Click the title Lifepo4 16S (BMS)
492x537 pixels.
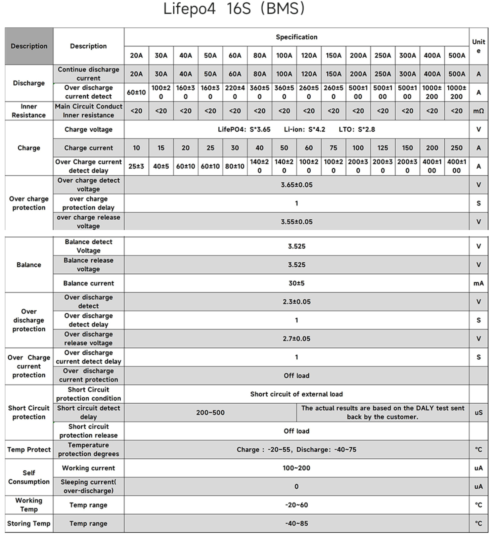(x=234, y=9)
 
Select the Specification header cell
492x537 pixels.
(x=296, y=37)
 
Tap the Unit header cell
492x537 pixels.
(x=478, y=46)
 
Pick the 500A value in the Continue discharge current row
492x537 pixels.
(x=456, y=74)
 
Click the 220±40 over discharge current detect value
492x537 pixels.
(x=235, y=92)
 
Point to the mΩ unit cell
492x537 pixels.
(x=478, y=111)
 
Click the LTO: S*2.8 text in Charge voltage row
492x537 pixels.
(x=357, y=129)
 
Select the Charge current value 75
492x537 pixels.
(x=333, y=148)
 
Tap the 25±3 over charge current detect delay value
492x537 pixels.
(x=136, y=166)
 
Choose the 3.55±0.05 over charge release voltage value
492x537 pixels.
(x=296, y=222)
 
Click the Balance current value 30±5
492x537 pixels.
(x=296, y=283)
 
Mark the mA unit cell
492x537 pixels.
(x=478, y=283)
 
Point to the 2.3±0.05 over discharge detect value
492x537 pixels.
(x=296, y=302)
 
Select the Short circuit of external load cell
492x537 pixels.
(x=296, y=394)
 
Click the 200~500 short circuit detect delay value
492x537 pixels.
(x=210, y=412)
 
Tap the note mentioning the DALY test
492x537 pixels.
(x=383, y=412)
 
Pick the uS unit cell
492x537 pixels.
(x=478, y=412)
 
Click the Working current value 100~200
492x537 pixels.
(x=296, y=468)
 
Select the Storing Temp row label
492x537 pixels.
(x=29, y=523)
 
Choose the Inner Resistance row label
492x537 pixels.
(x=29, y=111)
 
